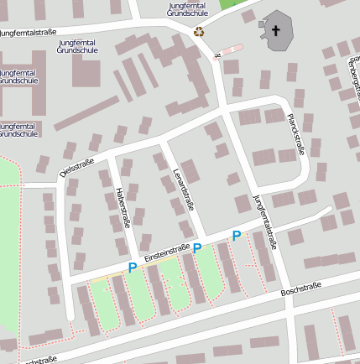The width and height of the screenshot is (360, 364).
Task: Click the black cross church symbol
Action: pyautogui.click(x=277, y=31)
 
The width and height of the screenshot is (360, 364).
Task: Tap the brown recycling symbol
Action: pyautogui.click(x=199, y=32)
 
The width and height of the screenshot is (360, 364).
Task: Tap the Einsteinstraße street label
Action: pyautogui.click(x=166, y=252)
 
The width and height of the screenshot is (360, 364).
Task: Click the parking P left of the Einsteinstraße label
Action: pyautogui.click(x=132, y=268)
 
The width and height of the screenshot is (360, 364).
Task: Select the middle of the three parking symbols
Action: pyautogui.click(x=197, y=247)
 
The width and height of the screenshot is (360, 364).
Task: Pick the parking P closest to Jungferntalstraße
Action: pyautogui.click(x=236, y=237)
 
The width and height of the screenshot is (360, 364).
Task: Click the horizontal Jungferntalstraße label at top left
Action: pyautogui.click(x=29, y=32)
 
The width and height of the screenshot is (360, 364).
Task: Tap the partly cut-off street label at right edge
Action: pyautogui.click(x=354, y=76)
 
